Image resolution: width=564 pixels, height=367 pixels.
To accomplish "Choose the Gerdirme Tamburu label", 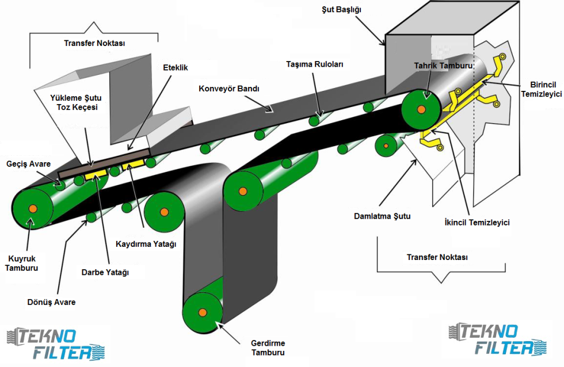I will coord(268,348).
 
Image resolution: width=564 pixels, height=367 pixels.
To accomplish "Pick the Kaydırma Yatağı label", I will coord(147,244).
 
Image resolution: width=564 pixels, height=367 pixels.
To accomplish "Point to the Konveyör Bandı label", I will coord(229,89).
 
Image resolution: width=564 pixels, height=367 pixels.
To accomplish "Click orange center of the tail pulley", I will coord(33,208).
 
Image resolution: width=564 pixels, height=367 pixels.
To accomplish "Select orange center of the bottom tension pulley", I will coord(202,312).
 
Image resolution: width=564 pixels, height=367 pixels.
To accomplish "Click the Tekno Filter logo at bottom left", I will coord(56,343).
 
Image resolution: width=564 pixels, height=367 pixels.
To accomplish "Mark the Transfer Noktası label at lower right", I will coord(437,257).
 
